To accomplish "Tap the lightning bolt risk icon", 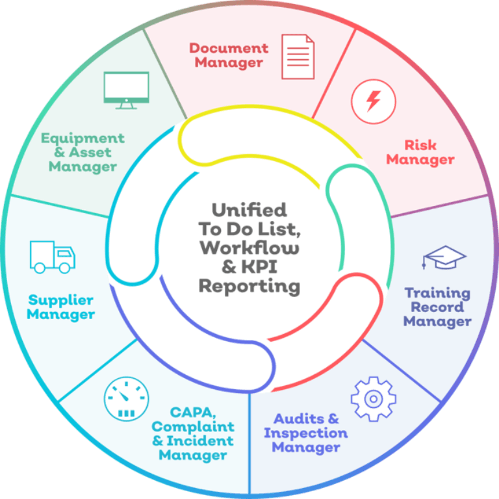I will coord(373,101).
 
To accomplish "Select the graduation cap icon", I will coord(444,257).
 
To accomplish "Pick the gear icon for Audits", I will coord(373,398).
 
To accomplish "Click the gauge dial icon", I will coord(126,398).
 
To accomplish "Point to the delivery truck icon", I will coord(52,257).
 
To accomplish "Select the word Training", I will coord(437,293).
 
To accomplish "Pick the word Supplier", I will coord(60,300).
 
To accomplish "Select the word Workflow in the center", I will coord(249,248).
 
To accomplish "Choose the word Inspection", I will coord(305,433).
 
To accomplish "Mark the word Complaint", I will coord(193,427).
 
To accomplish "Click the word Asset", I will coord(90,153).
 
